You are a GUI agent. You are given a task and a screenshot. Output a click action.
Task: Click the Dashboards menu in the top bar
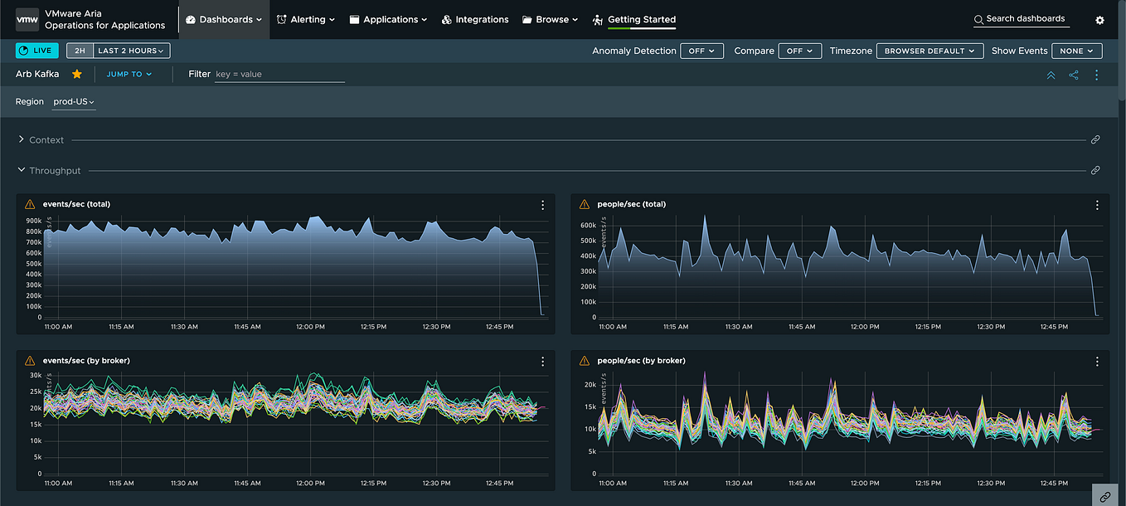[224, 19]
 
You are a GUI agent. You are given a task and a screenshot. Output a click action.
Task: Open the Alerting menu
[306, 19]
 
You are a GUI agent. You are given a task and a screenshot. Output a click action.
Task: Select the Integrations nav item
[475, 19]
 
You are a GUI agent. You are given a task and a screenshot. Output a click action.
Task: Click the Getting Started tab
[641, 19]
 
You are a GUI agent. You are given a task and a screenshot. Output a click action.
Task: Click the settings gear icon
[1099, 20]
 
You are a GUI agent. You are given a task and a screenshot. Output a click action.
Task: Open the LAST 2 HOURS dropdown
[133, 51]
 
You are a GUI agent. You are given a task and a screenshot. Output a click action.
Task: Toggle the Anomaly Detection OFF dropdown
[701, 51]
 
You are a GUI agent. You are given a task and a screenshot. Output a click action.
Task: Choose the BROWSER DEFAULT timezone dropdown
[929, 51]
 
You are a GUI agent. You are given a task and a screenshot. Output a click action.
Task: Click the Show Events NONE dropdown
[1076, 51]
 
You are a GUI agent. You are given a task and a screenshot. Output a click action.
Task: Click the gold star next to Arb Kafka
[77, 74]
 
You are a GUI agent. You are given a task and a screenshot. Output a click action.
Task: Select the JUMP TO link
[129, 74]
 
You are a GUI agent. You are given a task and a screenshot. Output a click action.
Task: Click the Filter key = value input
[279, 74]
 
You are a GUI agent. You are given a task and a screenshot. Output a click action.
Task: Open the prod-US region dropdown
[74, 102]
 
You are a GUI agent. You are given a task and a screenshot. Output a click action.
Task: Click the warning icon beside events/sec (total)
[30, 204]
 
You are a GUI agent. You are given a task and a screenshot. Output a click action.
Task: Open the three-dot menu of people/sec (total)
[1097, 205]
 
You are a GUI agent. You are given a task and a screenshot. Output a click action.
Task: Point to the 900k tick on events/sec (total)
[33, 221]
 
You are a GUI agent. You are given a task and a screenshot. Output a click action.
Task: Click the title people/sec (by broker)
[640, 361]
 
